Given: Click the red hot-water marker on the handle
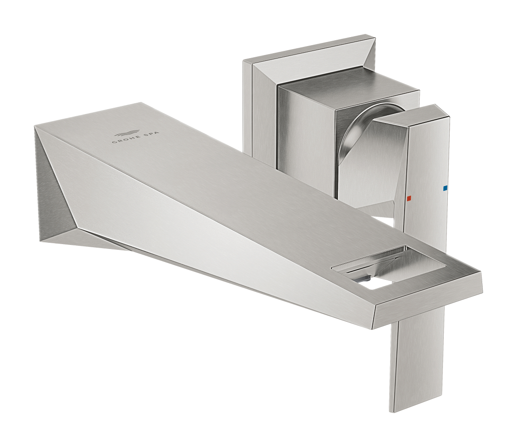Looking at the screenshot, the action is click(409, 198).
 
